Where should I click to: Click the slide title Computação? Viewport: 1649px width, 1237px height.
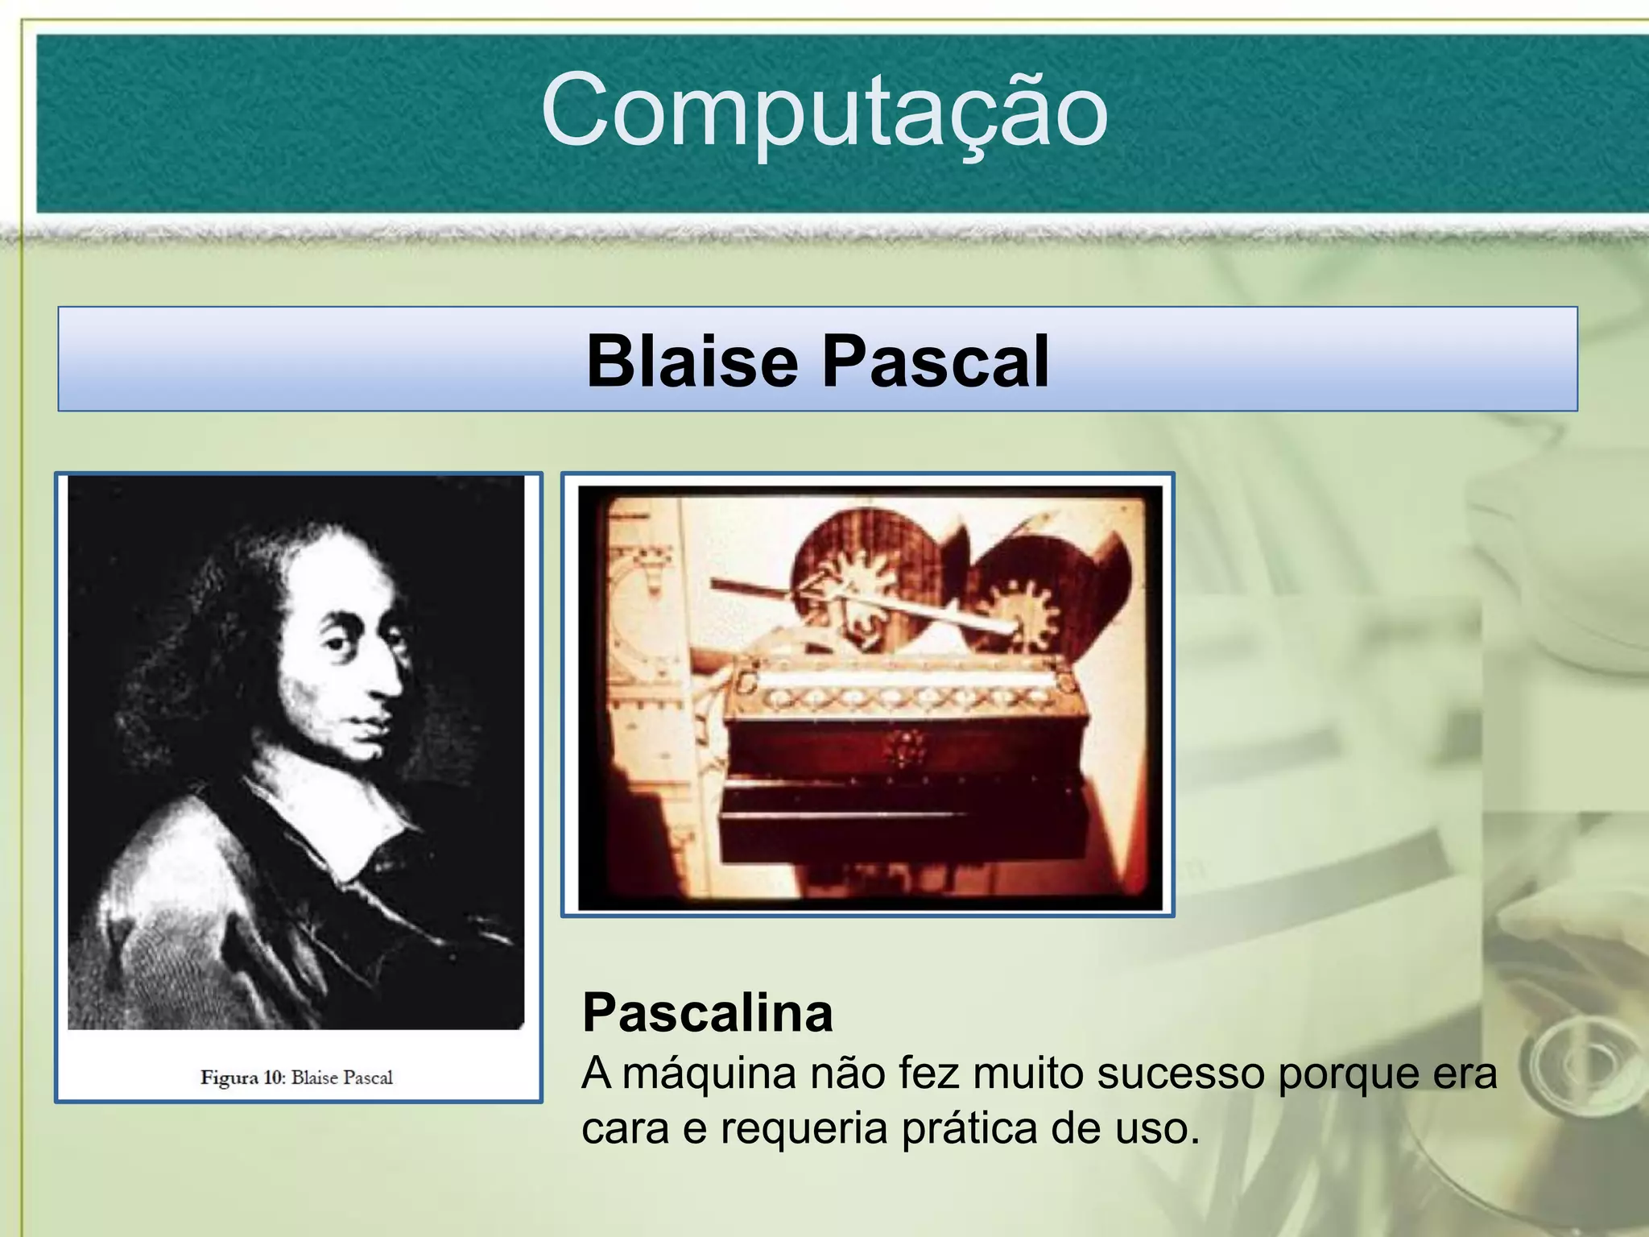[x=824, y=111]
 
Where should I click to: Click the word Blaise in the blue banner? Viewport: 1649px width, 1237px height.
[x=692, y=362]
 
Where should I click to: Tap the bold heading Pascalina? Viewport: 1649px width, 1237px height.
[x=707, y=1012]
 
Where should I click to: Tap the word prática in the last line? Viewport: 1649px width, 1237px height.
[x=969, y=1129]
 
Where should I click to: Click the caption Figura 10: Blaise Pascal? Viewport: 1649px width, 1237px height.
[x=296, y=1078]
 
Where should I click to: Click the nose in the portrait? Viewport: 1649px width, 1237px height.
[x=392, y=676]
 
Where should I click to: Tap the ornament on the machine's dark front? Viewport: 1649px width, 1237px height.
[x=907, y=748]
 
